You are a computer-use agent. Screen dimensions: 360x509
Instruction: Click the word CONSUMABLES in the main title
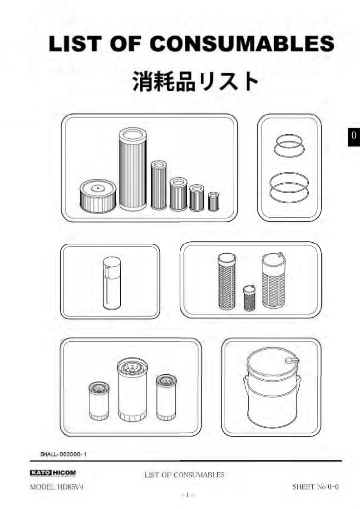coord(242,44)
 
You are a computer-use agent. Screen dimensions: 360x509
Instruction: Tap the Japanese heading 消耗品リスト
coord(196,81)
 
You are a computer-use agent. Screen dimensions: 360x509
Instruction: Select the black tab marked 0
coord(354,135)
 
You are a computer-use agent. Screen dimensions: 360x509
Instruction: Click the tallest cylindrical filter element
coord(133,169)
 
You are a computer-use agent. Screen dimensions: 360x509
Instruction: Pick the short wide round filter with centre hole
coord(98,196)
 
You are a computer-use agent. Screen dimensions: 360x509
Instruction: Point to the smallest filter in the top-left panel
coord(213,201)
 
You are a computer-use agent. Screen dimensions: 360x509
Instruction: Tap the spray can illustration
coord(111,283)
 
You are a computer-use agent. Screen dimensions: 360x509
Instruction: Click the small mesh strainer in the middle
coord(249,298)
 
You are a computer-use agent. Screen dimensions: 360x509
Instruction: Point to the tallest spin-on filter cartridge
coord(132,390)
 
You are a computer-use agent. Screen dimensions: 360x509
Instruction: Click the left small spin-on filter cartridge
coord(99,401)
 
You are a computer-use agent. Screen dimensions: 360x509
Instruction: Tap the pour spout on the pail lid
coord(292,360)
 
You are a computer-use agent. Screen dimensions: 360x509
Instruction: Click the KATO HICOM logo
coord(53,473)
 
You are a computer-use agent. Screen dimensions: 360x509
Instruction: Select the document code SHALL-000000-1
coord(64,454)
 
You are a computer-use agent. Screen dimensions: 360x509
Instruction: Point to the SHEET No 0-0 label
coord(316,487)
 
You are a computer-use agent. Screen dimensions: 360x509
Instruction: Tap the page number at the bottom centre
coord(187,495)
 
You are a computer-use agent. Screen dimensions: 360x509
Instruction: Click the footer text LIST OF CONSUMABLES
coord(185,475)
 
